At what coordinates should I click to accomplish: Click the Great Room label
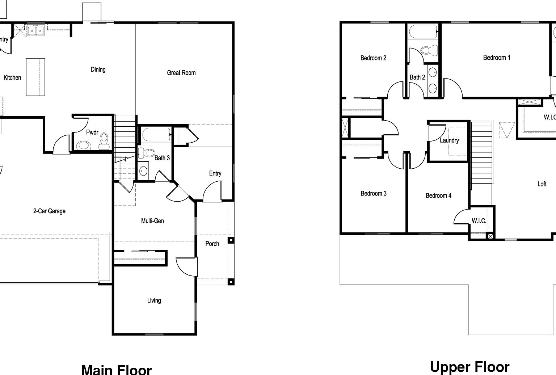[x=181, y=73]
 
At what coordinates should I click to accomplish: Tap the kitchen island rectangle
[x=35, y=77]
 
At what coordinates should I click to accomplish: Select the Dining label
[x=98, y=69]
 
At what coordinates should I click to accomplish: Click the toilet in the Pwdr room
[x=104, y=140]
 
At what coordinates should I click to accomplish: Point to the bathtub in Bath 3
[x=156, y=135]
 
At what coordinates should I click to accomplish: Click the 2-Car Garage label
[x=49, y=211]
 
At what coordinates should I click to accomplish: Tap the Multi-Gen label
[x=152, y=221]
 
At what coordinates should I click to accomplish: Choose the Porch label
[x=212, y=244]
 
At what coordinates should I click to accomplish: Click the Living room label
[x=154, y=300]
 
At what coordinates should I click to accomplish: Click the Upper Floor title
[x=469, y=367]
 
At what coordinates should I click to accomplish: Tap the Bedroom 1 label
[x=497, y=58]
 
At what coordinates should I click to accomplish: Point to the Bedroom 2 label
[x=373, y=58]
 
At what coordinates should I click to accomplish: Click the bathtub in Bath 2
[x=422, y=32]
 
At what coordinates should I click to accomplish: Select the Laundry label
[x=449, y=140]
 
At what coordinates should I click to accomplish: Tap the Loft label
[x=542, y=184]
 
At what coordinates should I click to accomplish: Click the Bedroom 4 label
[x=438, y=195]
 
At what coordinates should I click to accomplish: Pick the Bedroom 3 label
[x=374, y=193]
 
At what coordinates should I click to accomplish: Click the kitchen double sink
[x=35, y=30]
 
